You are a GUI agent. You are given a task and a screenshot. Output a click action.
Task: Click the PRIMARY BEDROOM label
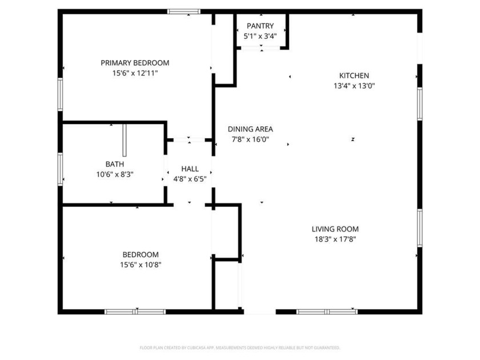pos(135,63)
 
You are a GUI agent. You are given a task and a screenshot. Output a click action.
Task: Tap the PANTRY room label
pos(260,26)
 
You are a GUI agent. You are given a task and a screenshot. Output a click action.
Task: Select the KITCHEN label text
pos(354,75)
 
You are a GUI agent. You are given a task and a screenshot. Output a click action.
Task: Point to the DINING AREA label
pos(250,129)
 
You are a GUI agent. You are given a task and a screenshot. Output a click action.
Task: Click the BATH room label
pos(114,164)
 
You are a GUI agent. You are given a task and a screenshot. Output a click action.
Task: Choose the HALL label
pos(190,169)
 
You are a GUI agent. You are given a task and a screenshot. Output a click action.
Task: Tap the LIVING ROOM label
pos(335,229)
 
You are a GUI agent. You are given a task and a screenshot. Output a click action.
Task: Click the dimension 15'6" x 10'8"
pos(141,265)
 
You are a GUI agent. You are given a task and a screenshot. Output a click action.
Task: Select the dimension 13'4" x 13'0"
pos(354,86)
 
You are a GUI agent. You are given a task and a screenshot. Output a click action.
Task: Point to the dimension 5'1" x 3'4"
pos(260,36)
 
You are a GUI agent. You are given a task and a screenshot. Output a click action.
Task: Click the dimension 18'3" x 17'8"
pos(335,239)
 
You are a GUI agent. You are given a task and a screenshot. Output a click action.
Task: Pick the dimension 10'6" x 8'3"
pos(114,174)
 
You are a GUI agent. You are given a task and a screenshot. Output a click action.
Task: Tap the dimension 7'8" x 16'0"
pos(250,139)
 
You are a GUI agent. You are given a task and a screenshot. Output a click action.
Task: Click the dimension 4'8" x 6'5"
pos(190,179)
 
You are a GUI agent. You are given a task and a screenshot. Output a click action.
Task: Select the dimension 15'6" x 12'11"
pos(135,73)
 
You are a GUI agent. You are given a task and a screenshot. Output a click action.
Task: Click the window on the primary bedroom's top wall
pos(183,11)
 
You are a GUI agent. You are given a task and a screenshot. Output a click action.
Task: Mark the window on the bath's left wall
pos(60,169)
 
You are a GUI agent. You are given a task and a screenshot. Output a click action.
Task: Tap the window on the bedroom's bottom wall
pos(135,311)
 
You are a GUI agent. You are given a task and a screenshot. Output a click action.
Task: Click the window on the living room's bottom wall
pos(327,311)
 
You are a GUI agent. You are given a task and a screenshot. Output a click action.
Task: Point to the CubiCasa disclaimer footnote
pos(240,347)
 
